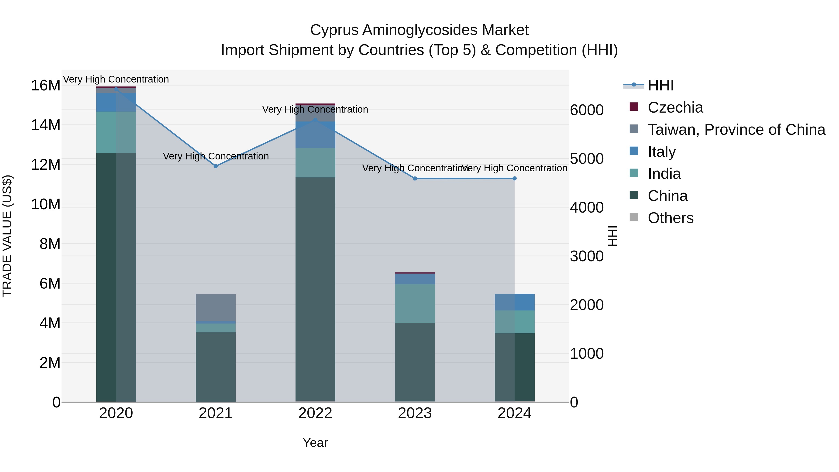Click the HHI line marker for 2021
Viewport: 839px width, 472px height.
pos(216,166)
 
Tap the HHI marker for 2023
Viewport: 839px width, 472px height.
pos(415,179)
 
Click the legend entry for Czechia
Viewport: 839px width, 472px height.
pos(675,107)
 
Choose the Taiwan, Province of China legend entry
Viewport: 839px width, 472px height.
pos(736,130)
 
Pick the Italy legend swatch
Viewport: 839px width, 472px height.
pos(634,151)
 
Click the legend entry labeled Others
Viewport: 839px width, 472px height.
pos(670,218)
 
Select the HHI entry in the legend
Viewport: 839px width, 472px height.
pos(660,85)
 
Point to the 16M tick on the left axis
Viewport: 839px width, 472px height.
pos(46,86)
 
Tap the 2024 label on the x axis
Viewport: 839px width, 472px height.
pos(514,413)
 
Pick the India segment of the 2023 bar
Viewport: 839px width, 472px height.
pos(415,303)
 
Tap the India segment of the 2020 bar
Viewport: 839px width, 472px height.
pos(116,132)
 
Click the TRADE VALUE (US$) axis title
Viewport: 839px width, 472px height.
pos(7,236)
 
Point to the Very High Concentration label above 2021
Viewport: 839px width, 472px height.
pos(216,156)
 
